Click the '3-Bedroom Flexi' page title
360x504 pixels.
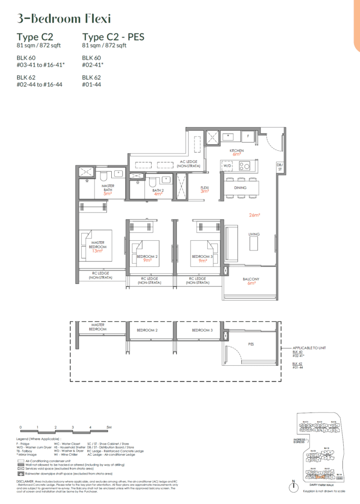(x=64, y=19)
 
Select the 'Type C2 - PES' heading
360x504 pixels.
(x=113, y=37)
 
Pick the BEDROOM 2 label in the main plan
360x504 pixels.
(x=147, y=256)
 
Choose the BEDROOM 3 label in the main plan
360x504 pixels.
(x=202, y=256)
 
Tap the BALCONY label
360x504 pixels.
(x=251, y=279)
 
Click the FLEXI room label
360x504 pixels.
(x=204, y=188)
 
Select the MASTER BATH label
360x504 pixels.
(x=108, y=188)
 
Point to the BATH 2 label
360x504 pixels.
(x=158, y=190)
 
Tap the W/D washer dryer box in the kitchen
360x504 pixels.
(x=228, y=166)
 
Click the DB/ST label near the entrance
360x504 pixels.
(x=280, y=167)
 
